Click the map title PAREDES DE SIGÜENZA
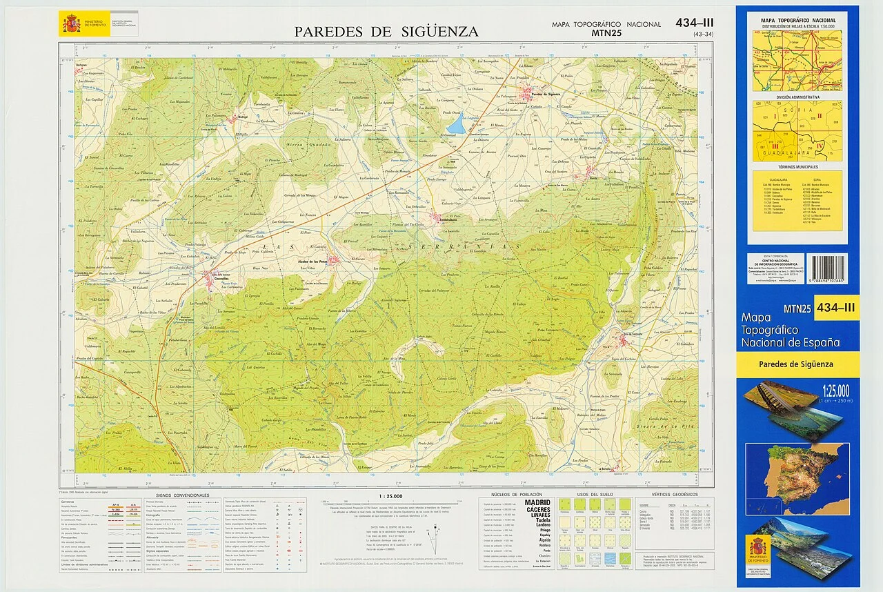(386, 32)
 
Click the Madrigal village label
(224, 117)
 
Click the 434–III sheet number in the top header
(695, 23)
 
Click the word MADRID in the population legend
(537, 502)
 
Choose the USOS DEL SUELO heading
(592, 495)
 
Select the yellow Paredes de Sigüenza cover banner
(797, 364)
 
